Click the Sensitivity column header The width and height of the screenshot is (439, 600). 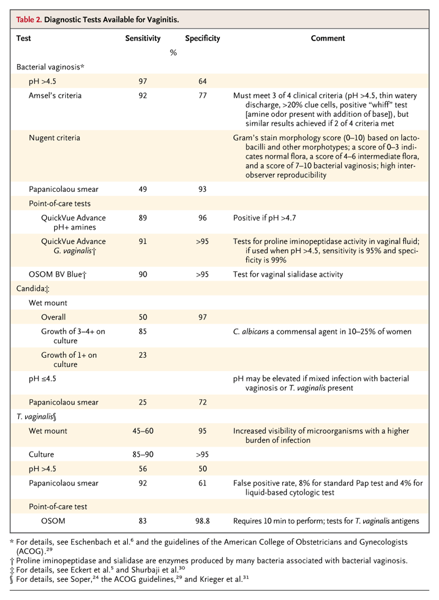pyautogui.click(x=143, y=38)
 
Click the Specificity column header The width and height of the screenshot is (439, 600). pyautogui.click(x=202, y=38)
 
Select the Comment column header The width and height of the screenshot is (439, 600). pyautogui.click(x=328, y=38)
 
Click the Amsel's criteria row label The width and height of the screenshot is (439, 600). pyautogui.click(x=55, y=95)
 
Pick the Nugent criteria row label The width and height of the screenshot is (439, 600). pyautogui.click(x=54, y=138)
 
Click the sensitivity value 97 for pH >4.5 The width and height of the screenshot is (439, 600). pyautogui.click(x=143, y=81)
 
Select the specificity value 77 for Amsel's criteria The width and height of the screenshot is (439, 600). pyautogui.click(x=202, y=95)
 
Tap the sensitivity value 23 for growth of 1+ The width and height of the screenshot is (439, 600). pyautogui.click(x=143, y=355)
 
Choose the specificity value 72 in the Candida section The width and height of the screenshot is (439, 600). pyautogui.click(x=202, y=403)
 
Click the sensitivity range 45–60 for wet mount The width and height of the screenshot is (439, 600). pyautogui.click(x=143, y=431)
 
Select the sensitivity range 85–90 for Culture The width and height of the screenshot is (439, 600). pyautogui.click(x=143, y=455)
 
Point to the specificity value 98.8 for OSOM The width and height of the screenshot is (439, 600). pyautogui.click(x=202, y=521)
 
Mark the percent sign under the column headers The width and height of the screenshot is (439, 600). pyautogui.click(x=173, y=53)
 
